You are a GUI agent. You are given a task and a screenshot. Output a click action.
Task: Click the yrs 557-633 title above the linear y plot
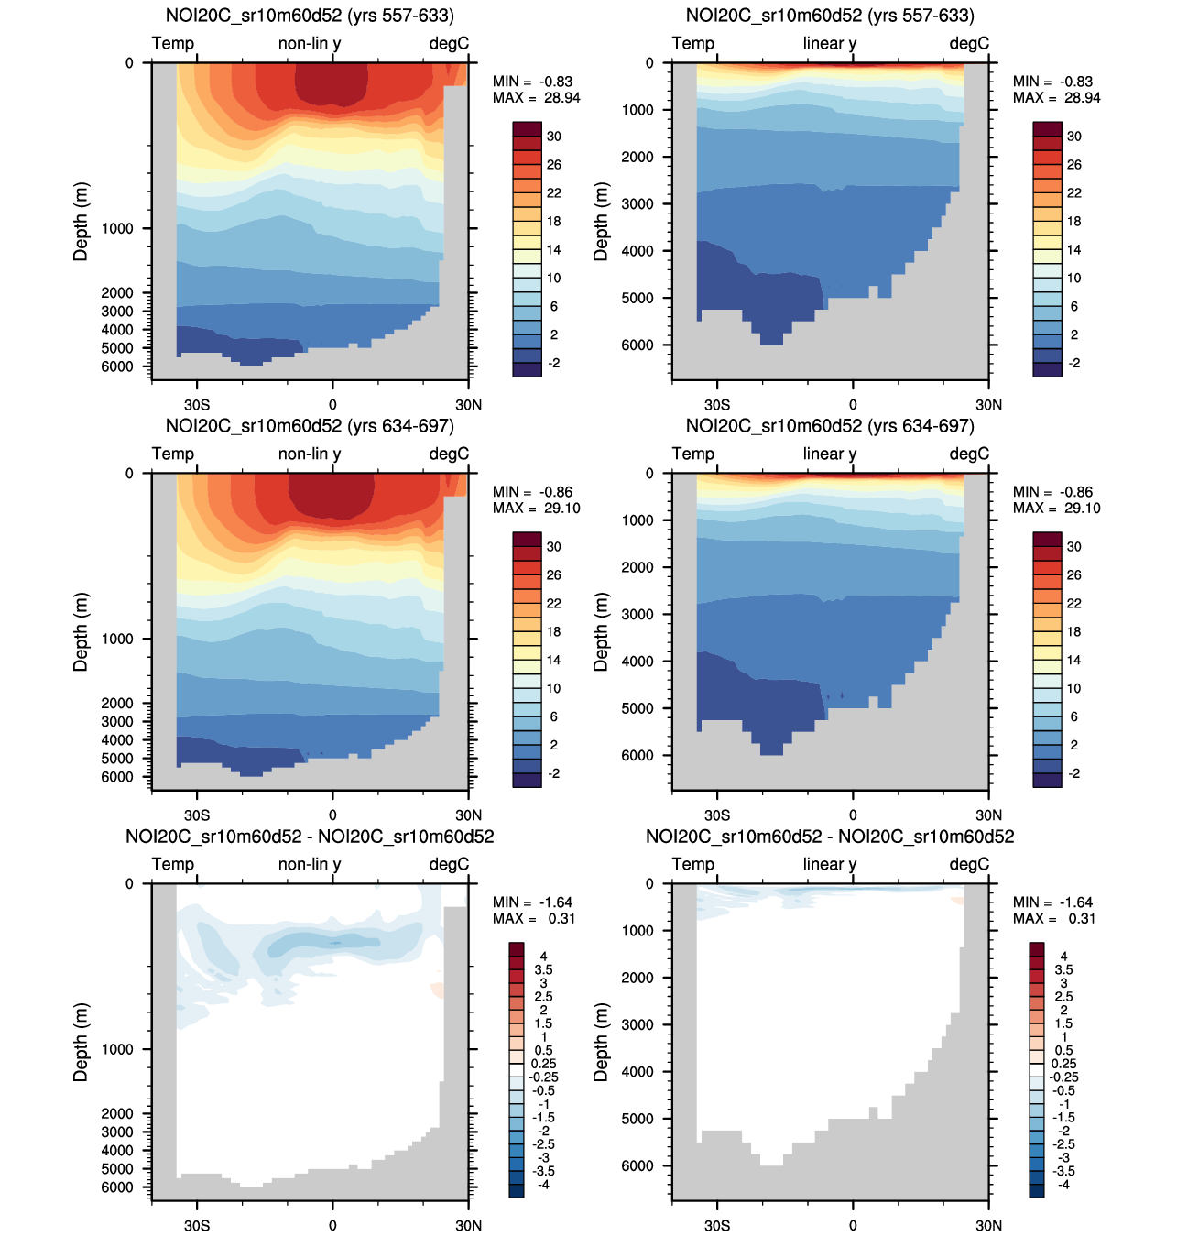[829, 16]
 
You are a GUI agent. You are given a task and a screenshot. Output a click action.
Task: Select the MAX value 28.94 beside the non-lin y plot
[561, 98]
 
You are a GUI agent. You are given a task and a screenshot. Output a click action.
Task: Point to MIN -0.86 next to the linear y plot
[1076, 492]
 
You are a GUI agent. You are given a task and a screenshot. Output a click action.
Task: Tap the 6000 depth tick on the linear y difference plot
[638, 1165]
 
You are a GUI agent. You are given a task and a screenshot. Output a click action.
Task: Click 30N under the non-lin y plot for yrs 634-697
[468, 815]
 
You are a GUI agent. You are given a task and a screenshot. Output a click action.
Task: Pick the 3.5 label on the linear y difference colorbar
[1063, 969]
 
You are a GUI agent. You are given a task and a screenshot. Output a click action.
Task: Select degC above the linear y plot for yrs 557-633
[969, 43]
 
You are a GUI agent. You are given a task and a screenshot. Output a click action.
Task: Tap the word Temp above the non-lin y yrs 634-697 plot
[172, 454]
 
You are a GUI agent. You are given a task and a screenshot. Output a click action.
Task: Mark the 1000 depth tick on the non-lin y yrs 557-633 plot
[117, 228]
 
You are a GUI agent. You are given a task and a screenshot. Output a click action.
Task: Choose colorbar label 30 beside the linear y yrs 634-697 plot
[1073, 547]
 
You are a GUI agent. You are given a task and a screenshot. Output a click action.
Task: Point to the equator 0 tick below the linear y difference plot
[853, 1225]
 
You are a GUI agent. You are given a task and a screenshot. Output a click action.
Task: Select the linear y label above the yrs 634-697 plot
[829, 454]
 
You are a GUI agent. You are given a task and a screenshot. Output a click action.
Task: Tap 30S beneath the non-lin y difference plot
[196, 1225]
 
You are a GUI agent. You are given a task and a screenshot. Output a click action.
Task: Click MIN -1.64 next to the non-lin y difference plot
[555, 902]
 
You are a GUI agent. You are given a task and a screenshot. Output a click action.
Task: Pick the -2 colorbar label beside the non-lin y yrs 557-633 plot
[553, 363]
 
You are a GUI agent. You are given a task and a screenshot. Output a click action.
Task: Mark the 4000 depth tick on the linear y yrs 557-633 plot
[638, 250]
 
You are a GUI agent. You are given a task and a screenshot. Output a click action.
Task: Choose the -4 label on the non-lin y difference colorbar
[543, 1185]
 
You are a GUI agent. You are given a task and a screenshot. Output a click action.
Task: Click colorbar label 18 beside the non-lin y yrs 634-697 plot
[553, 631]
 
